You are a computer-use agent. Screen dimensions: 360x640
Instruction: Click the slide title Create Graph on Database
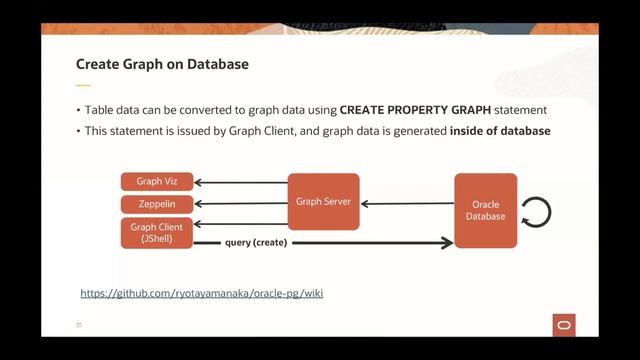tap(162, 65)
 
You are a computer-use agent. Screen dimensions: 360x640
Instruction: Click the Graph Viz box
tap(156, 182)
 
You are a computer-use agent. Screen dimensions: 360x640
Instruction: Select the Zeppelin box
tap(156, 204)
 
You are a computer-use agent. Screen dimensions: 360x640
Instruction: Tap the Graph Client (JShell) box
tap(156, 233)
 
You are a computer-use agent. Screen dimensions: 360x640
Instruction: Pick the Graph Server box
tap(323, 202)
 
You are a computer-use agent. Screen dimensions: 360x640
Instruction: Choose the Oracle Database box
tap(486, 210)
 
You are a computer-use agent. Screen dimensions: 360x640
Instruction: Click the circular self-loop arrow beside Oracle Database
tap(536, 211)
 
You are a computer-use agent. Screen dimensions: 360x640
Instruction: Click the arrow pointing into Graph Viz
tap(241, 183)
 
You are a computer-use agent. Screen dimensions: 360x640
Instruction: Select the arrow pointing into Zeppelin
tap(241, 204)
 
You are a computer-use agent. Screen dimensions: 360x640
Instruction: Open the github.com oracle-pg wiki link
tap(201, 294)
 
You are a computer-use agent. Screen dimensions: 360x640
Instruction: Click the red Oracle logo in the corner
tap(563, 325)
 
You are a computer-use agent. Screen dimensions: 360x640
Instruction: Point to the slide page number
tap(79, 325)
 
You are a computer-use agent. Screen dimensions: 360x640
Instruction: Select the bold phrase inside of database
tap(500, 131)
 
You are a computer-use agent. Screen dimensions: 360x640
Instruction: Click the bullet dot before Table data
tap(79, 110)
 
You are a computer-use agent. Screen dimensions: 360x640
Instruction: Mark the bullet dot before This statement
tap(79, 132)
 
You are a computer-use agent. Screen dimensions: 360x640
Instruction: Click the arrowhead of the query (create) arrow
tap(447, 243)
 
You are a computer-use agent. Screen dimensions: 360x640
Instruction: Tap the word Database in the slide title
tap(219, 65)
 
